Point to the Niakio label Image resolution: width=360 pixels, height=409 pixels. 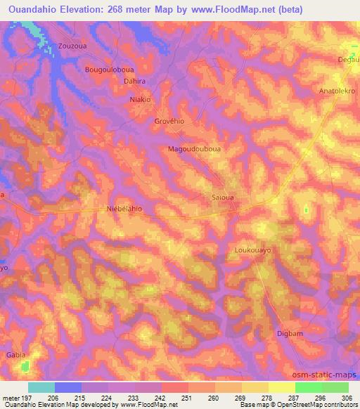(141, 100)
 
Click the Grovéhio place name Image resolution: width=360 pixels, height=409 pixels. (169, 122)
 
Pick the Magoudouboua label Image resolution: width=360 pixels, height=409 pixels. (194, 149)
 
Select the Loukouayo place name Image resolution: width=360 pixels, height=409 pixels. (252, 249)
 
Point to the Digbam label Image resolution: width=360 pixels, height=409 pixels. (290, 333)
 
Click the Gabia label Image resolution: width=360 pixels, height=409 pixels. (16, 356)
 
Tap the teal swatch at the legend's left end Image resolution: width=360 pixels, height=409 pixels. (41, 387)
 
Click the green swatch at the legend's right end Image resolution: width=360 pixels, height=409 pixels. (335, 387)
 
